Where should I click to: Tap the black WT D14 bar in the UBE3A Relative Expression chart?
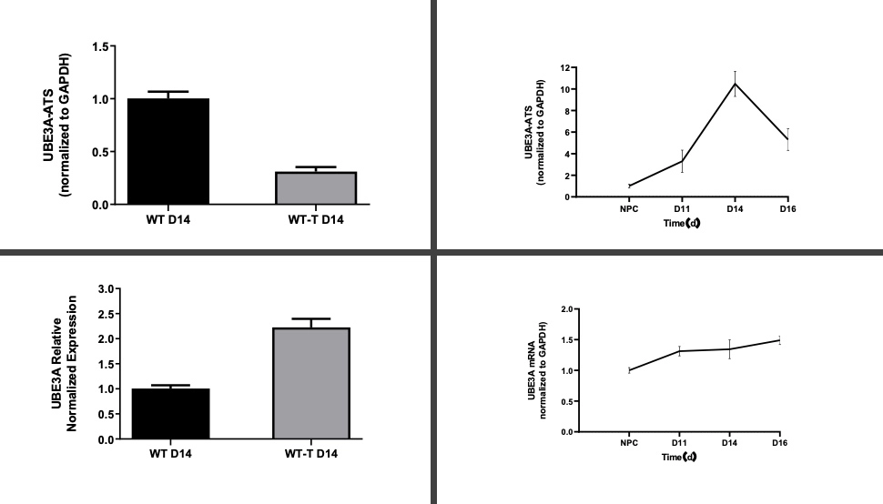coord(170,414)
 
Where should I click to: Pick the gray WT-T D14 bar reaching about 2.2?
coord(311,383)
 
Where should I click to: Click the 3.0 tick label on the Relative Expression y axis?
coord(105,289)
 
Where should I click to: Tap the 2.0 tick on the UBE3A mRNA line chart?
coord(565,310)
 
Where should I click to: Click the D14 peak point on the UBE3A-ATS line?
coord(735,84)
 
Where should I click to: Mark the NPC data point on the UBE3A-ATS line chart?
coord(629,186)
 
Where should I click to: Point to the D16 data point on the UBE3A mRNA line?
coord(779,340)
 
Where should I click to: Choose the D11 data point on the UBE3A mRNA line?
coord(679,351)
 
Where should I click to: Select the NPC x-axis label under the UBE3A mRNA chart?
coord(629,443)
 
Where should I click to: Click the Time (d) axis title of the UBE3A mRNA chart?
coord(679,455)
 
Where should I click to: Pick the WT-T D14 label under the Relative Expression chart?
coord(311,453)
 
